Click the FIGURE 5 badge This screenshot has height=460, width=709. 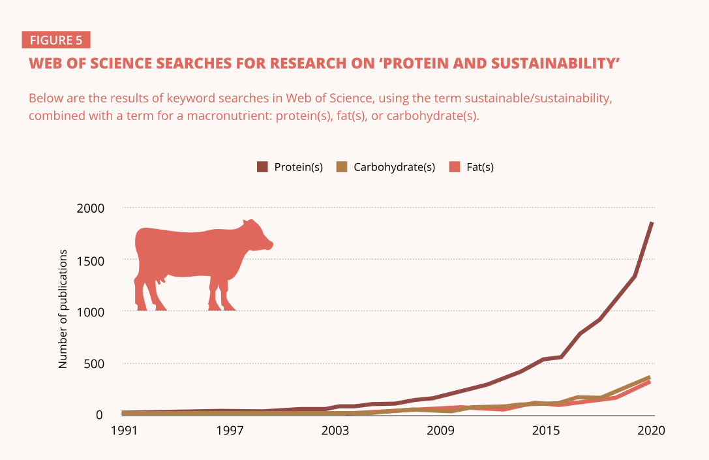coord(56,40)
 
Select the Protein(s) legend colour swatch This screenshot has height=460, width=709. coord(263,167)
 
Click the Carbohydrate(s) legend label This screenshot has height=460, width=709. coord(394,167)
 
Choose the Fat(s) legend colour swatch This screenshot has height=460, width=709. coord(455,167)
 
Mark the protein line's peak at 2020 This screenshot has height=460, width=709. coord(652,223)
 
